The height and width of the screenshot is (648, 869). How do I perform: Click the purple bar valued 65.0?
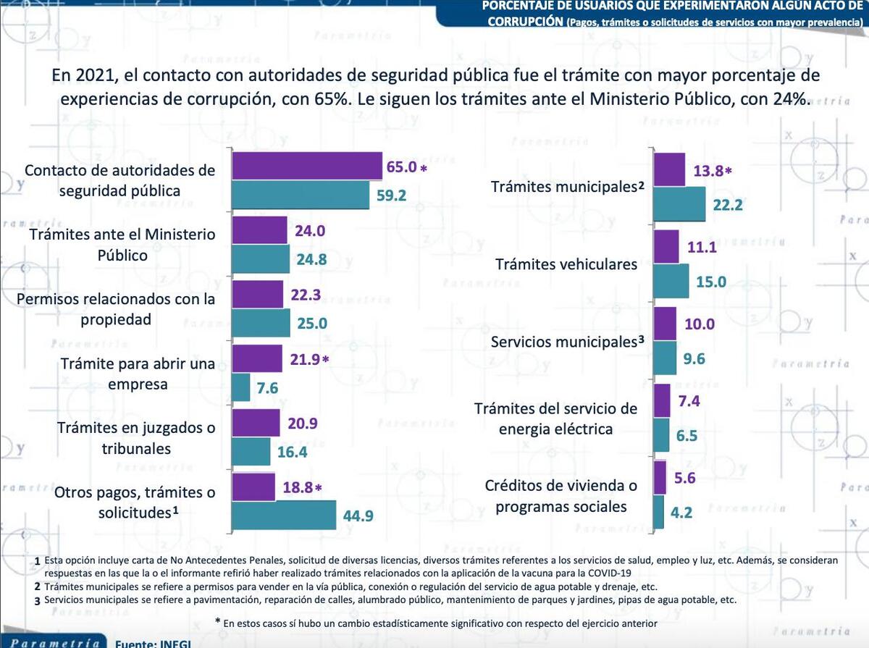tap(306, 167)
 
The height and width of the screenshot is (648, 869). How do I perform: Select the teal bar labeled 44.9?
tap(284, 516)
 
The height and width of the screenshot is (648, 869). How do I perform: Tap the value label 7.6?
tap(267, 388)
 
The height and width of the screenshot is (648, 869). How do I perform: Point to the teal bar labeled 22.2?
tap(679, 204)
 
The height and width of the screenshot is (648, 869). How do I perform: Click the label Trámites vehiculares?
tap(566, 264)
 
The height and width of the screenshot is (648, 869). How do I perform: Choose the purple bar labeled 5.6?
tap(660, 477)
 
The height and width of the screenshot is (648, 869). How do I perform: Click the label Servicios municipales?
tap(563, 342)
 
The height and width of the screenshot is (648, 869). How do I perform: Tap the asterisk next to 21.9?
tap(326, 359)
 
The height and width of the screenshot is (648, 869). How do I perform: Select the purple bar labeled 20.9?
tap(256, 423)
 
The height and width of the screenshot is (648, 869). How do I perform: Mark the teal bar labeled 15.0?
tap(671, 281)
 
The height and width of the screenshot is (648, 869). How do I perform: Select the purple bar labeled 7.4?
tap(662, 400)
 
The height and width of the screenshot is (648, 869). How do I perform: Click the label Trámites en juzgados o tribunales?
tap(136, 438)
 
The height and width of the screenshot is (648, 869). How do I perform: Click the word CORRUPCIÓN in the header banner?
tap(525, 21)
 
